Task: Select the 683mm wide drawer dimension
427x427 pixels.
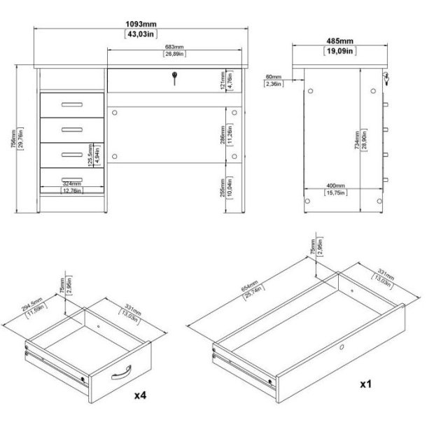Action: click(x=174, y=47)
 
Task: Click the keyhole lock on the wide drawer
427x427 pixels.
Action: click(x=174, y=80)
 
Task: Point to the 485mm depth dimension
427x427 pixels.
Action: click(x=339, y=40)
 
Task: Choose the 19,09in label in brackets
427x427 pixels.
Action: click(x=339, y=50)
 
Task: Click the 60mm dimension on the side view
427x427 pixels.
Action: click(x=274, y=76)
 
